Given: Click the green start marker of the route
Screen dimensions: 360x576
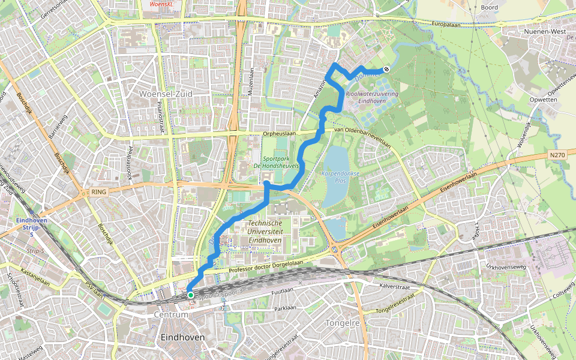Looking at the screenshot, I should tap(190, 295).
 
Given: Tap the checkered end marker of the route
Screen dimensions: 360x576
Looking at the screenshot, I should tap(387, 69).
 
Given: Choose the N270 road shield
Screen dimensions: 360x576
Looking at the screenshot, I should tap(556, 155).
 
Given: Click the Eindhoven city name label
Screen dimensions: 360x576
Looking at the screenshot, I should tap(182, 338).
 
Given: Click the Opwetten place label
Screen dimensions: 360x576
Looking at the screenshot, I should tap(544, 100).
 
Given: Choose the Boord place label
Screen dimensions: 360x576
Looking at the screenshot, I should tap(489, 8).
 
